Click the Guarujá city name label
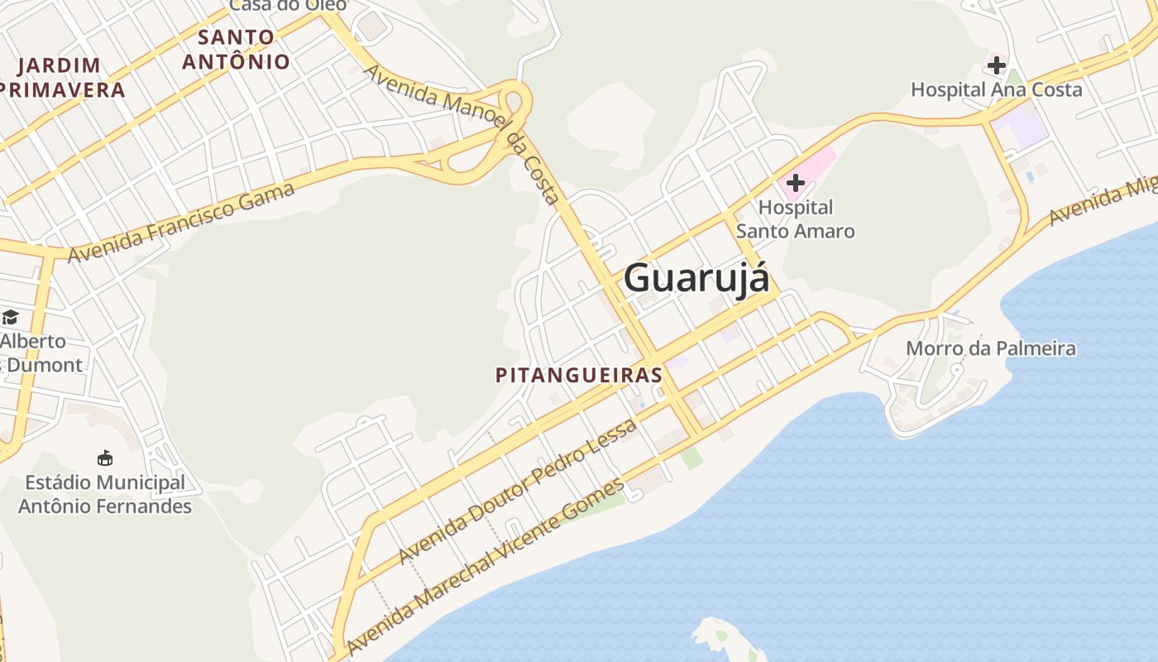coord(696,278)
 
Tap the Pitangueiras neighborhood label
coord(579,375)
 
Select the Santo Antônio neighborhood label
coord(237,50)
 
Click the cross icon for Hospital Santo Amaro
coord(796,182)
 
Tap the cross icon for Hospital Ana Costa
coord(997,65)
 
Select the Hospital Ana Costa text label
coord(997,89)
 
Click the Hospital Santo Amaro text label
coord(796,219)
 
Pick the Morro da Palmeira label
coord(991,348)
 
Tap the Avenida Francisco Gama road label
coord(181,222)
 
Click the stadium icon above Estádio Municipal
coord(105,458)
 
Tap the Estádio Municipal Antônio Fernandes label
coord(105,494)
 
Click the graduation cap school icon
coord(10,317)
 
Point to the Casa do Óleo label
coord(288,5)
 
